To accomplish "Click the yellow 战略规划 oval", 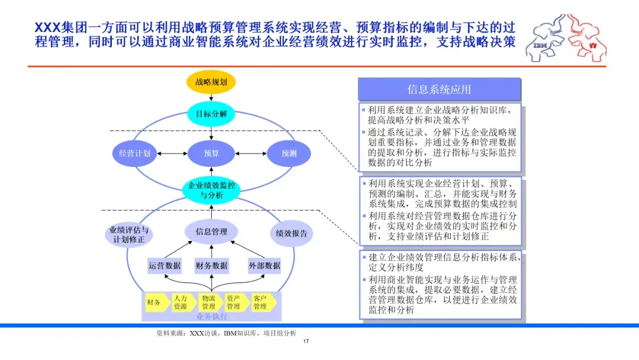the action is pos(211,82).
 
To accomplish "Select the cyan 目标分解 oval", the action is pos(211,114).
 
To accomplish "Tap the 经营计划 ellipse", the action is pos(134,153).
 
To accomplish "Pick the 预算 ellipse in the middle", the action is pos(211,153).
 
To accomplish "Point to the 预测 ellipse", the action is pos(289,153).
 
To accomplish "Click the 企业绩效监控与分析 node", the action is pos(211,190).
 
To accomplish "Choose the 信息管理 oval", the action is pos(211,232).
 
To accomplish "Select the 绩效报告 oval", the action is pos(291,233).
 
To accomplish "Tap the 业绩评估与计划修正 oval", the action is pos(129,234).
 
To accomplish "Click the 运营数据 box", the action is pos(164,266).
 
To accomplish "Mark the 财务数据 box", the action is pos(211,266).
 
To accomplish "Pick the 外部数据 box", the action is pos(264,266).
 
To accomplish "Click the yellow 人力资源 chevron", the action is pos(182,303).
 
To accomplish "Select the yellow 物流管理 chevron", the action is pos(209,303).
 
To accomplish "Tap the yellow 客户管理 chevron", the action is pos(263,303).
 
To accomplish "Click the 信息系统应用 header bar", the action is pos(439,89).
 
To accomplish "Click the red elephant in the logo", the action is pos(586,38).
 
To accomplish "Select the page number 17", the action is pos(306,341).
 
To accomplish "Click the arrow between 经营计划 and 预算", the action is pos(172,154).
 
